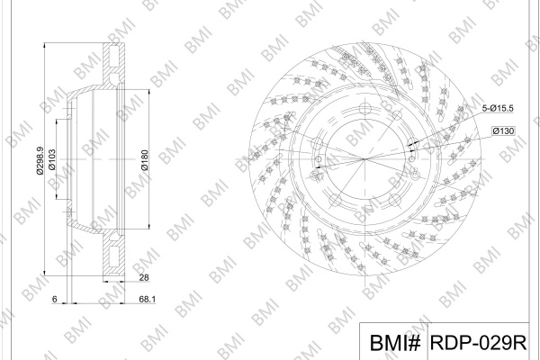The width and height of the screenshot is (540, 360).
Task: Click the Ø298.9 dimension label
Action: pyautogui.click(x=40, y=160)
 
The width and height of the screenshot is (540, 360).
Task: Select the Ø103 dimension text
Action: pyautogui.click(x=52, y=159)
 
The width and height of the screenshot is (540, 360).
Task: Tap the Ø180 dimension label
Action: pyautogui.click(x=145, y=160)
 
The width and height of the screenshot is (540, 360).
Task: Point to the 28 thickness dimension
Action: pyautogui.click(x=144, y=277)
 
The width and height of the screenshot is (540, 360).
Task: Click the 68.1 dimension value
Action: pyautogui.click(x=147, y=299)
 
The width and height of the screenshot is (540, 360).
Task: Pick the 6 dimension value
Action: pyautogui.click(x=54, y=299)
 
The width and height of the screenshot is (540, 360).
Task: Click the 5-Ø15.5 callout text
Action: pyautogui.click(x=498, y=109)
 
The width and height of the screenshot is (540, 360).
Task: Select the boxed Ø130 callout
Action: pyautogui.click(x=503, y=130)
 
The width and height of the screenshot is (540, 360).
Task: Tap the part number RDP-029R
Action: pyautogui.click(x=479, y=343)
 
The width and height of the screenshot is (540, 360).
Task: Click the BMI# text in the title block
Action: pyautogui.click(x=395, y=343)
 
